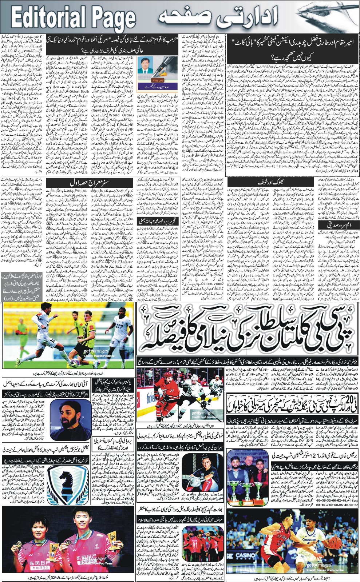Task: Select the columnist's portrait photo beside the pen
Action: point(145,66)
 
